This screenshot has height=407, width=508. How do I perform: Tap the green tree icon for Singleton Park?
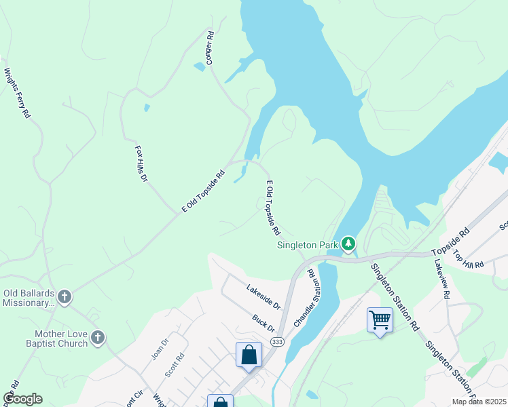(x=348, y=244)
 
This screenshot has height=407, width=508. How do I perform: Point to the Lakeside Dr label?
(x=264, y=296)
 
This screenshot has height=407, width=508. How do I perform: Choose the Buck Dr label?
(x=262, y=322)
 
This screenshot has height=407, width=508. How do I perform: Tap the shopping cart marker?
(x=380, y=319)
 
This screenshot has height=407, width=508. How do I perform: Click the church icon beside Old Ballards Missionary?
(x=65, y=296)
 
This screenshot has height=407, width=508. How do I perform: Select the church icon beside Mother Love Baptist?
(x=98, y=338)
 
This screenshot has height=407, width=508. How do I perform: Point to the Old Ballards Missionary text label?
(x=29, y=298)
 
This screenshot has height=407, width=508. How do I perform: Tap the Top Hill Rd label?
(x=469, y=258)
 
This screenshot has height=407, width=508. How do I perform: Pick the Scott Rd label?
(x=175, y=366)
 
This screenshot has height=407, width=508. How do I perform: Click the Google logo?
(x=22, y=399)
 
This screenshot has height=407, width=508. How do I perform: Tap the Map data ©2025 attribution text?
(x=479, y=402)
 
